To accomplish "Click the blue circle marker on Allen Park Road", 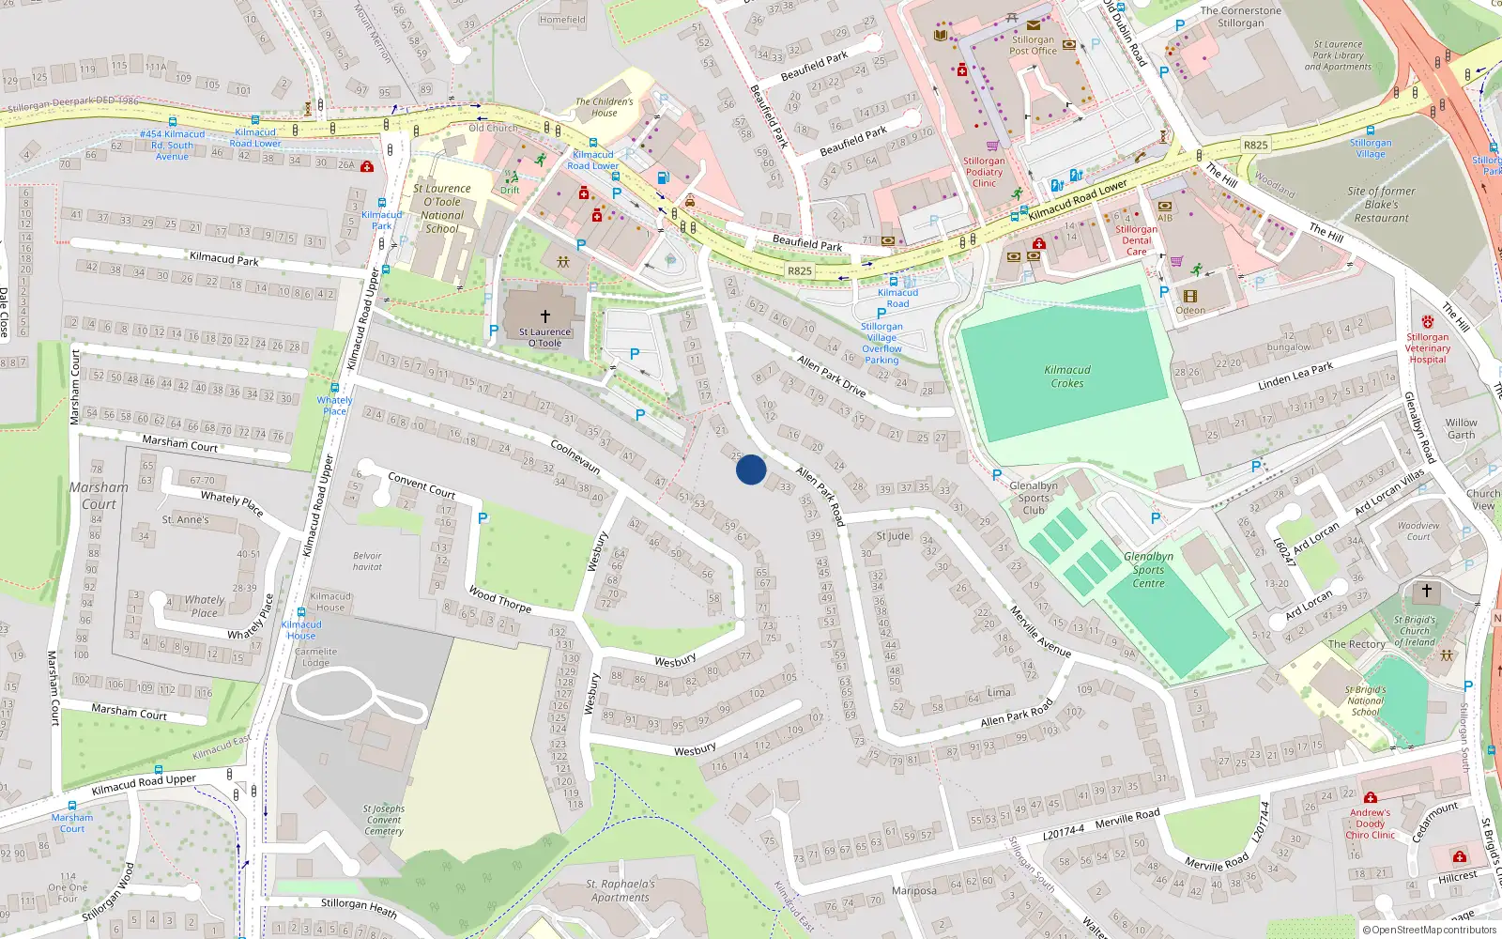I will [751, 469].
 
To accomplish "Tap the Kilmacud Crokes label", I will [1067, 377].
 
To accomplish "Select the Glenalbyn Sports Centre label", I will [1148, 570].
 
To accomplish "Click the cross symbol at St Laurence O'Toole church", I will [544, 316].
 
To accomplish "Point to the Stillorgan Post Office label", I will [1033, 45].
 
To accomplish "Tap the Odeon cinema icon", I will [1190, 296].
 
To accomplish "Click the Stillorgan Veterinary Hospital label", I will [1427, 347].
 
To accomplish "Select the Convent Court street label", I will [421, 485].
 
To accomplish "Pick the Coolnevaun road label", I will [575, 456].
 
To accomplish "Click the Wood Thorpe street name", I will [499, 600].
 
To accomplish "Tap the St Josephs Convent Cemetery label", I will [384, 820].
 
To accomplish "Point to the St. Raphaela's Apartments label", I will [621, 890].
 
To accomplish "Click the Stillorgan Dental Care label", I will [1136, 240].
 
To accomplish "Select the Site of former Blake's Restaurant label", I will [1381, 205].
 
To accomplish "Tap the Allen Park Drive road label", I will [832, 375].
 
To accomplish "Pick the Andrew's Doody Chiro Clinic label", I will [1371, 824].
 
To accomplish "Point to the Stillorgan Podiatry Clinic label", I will [984, 172].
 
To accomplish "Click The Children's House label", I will [605, 107].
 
